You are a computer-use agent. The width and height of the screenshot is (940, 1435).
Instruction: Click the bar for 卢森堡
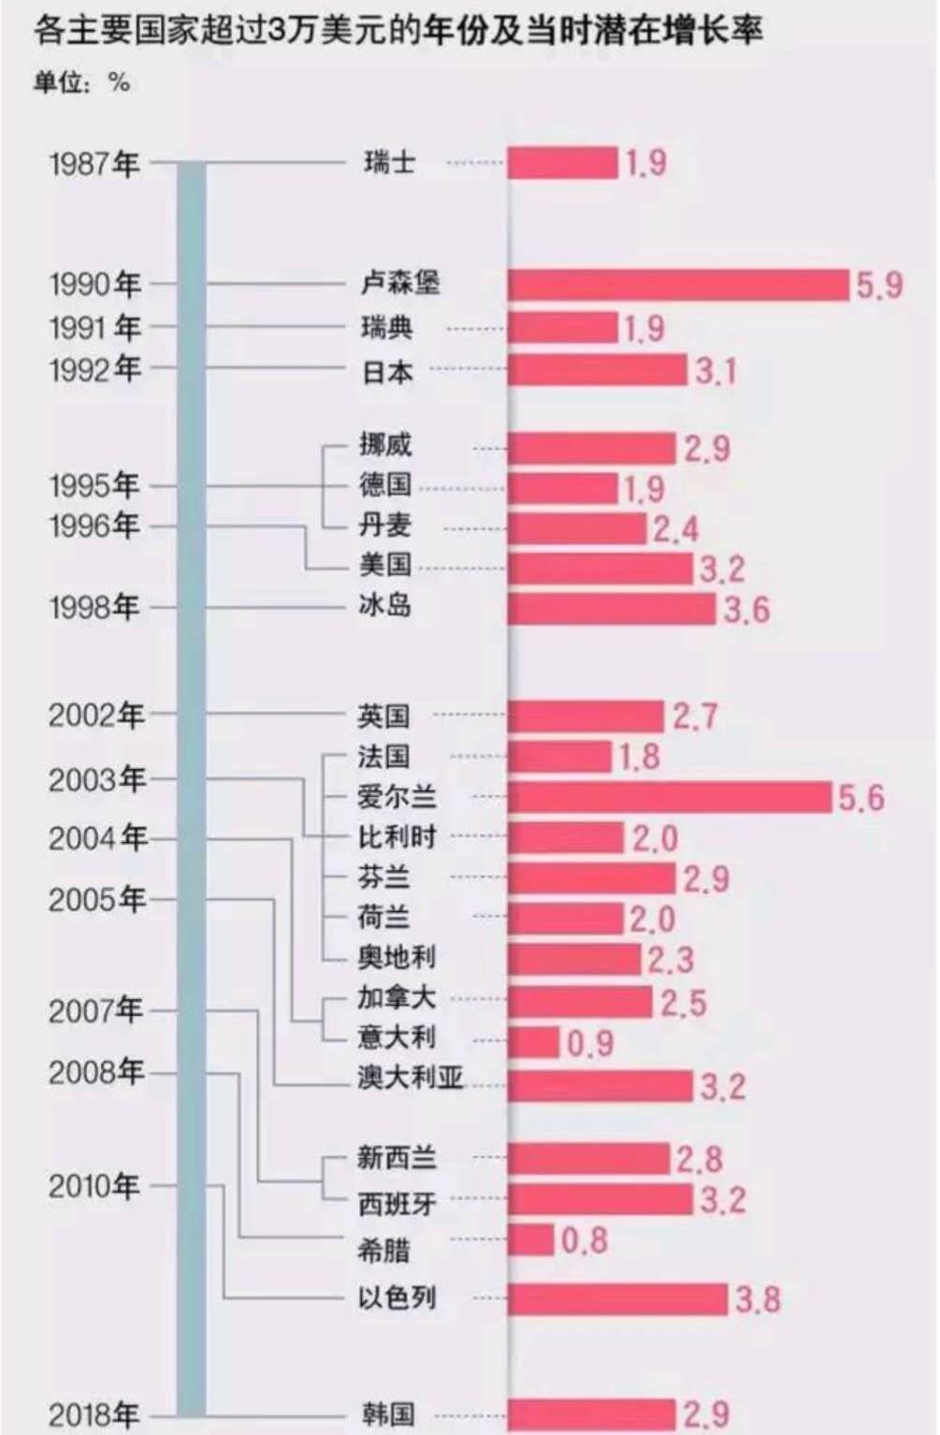coord(678,285)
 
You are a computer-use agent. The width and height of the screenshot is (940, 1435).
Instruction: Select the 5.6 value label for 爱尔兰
coord(860,798)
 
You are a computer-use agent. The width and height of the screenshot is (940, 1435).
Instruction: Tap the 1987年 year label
coord(94,164)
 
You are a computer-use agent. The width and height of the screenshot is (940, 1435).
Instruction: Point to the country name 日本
coord(386,371)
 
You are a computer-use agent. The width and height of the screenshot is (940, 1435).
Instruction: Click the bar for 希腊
coord(531,1240)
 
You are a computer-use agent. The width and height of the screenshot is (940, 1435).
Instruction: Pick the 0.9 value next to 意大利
coord(590,1043)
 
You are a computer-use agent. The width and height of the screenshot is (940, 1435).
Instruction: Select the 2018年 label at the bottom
coord(94,1414)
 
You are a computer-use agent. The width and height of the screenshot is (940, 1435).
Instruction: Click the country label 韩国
coord(387,1413)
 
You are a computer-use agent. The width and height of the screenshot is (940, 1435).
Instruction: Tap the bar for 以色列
coord(617,1298)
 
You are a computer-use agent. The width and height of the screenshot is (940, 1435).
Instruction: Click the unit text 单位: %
coord(81,83)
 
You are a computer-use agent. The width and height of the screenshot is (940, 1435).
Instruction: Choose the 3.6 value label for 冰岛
coord(746,610)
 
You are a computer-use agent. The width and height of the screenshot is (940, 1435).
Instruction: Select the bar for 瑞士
coord(563,163)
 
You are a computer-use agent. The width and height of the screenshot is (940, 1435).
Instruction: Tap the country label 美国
coord(384,565)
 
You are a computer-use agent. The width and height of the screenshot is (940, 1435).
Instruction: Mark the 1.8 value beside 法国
coord(639,757)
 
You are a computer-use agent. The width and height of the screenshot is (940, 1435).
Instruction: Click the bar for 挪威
coord(591,448)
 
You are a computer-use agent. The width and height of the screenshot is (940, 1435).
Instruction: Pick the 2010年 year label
coord(94,1186)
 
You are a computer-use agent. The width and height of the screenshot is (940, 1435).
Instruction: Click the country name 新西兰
coord(397,1158)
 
